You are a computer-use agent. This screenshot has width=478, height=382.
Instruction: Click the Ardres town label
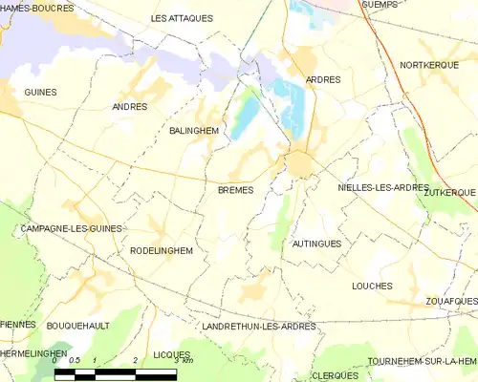coord(322,79)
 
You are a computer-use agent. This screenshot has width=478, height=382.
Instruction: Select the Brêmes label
coord(235,190)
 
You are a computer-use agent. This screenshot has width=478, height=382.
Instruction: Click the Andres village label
coord(130,107)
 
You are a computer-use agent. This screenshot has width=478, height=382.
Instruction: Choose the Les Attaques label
coord(182,18)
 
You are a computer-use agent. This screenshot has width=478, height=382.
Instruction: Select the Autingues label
coord(316,244)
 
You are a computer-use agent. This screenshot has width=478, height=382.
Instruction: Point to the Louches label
coord(372,286)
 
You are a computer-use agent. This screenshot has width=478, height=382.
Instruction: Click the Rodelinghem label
coord(161,250)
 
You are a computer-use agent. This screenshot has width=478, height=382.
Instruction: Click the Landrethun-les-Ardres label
coord(259,326)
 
